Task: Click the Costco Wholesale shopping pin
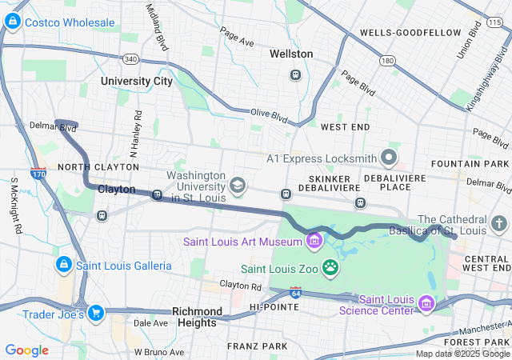13,23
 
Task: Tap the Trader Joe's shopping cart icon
96,313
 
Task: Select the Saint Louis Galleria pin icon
63,264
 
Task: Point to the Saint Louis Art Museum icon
314,240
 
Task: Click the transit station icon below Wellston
295,74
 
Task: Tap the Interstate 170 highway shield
37,172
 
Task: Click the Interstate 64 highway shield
296,293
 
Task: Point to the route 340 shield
131,58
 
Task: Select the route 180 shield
388,60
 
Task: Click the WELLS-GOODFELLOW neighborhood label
410,33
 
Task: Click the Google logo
27,350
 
